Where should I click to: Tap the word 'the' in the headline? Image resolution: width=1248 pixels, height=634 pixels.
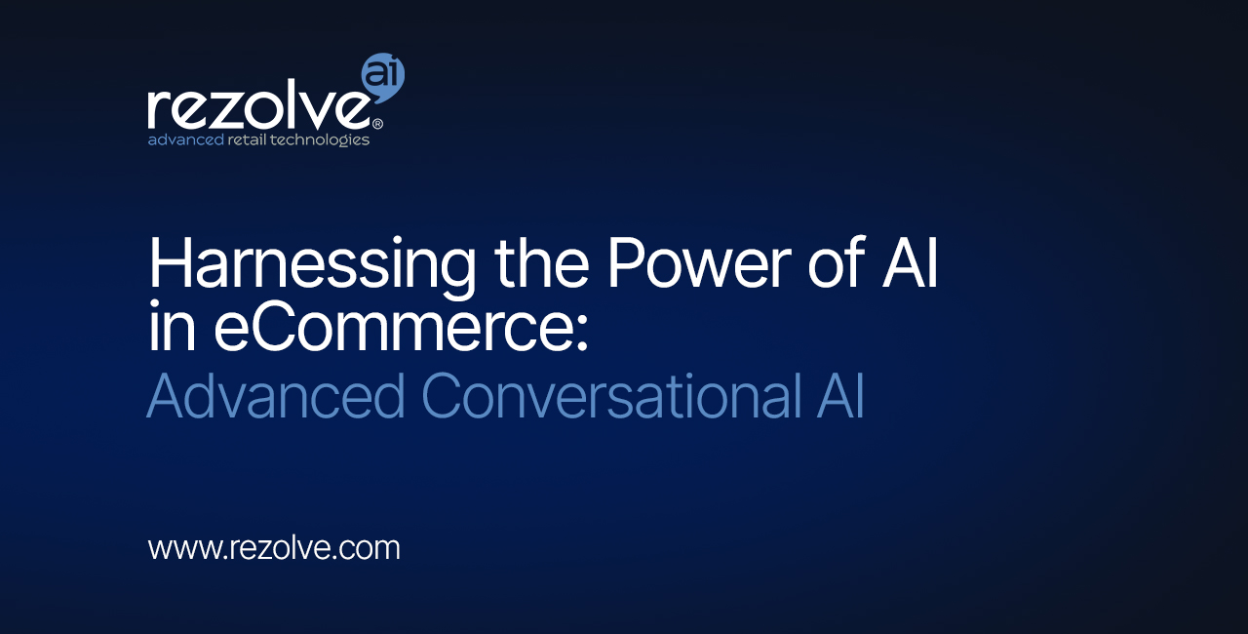541,260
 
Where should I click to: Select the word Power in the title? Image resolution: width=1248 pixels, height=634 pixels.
699,261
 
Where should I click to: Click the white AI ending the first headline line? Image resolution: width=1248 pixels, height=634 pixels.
910,261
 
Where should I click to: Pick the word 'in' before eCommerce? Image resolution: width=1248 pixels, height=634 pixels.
172,326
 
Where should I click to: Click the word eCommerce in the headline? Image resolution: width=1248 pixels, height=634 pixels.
392,327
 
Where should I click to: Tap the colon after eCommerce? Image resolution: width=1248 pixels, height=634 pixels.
582,334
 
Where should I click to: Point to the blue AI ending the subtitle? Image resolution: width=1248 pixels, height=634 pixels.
840,396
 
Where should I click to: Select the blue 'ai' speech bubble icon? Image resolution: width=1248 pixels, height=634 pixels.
383,77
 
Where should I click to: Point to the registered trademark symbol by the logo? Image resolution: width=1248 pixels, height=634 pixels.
376,124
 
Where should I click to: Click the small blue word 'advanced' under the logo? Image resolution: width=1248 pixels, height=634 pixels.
185,139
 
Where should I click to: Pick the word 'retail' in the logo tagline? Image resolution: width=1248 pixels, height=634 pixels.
247,139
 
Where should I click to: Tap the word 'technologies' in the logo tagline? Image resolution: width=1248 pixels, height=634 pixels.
320,140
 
